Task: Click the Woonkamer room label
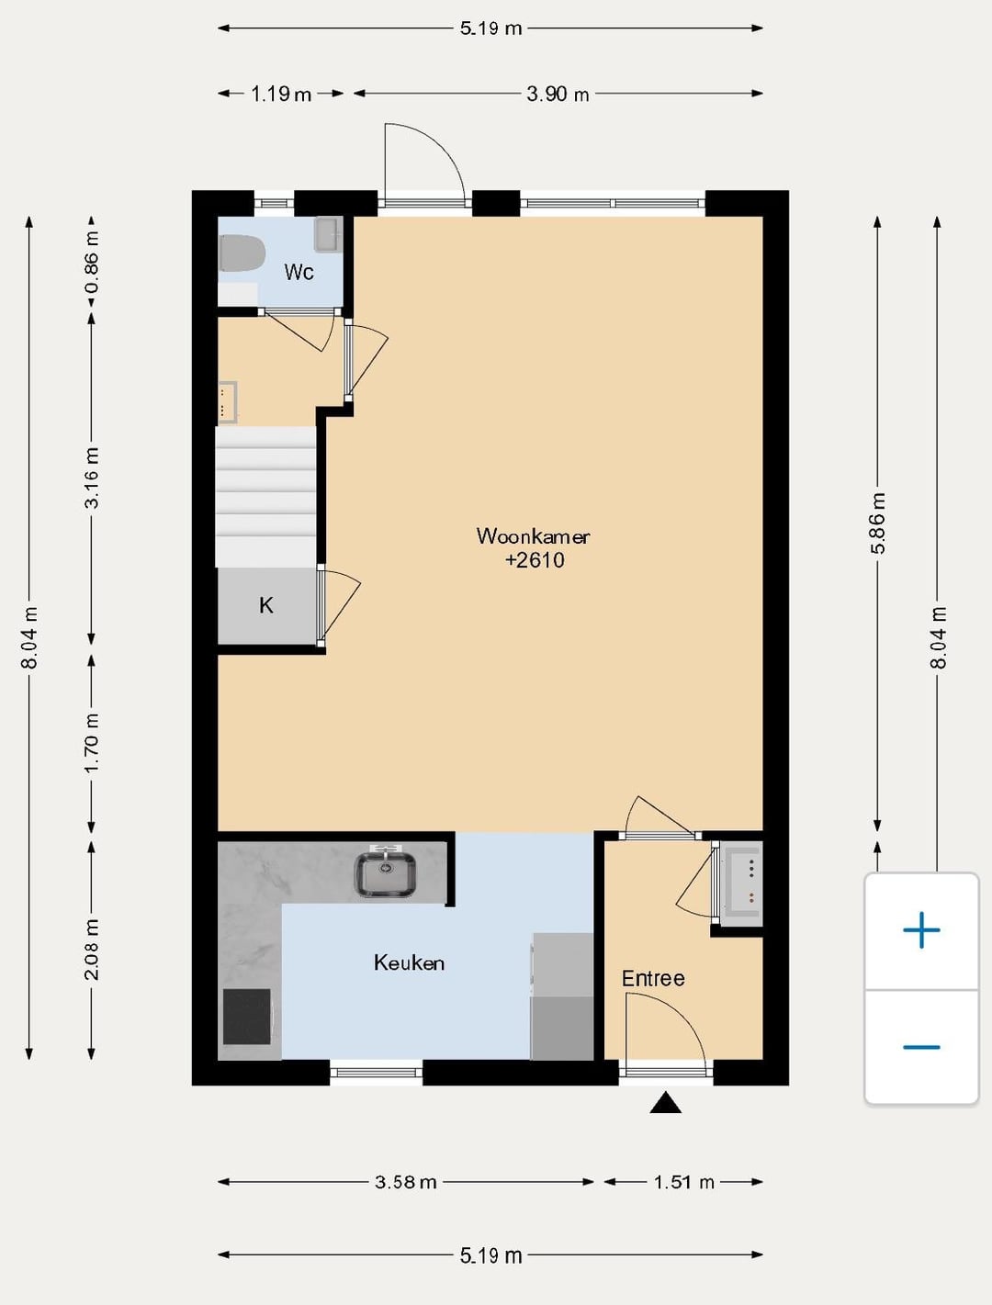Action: pyautogui.click(x=533, y=536)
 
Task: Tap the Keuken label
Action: pyautogui.click(x=409, y=962)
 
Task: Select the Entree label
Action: pyautogui.click(x=653, y=978)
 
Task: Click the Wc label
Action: pyautogui.click(x=299, y=273)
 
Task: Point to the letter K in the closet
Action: pyautogui.click(x=265, y=605)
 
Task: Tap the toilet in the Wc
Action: pyautogui.click(x=242, y=253)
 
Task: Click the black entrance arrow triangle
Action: pyautogui.click(x=665, y=1103)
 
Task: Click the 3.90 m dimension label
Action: pyautogui.click(x=558, y=94)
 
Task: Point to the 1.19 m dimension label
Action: pyautogui.click(x=280, y=94)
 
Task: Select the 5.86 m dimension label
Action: pyautogui.click(x=877, y=523)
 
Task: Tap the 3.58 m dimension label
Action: pyautogui.click(x=405, y=1182)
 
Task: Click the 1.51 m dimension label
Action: pyautogui.click(x=683, y=1182)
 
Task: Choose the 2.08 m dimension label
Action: pyautogui.click(x=92, y=949)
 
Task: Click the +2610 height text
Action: pyautogui.click(x=535, y=560)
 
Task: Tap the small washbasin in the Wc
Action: pyautogui.click(x=328, y=233)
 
